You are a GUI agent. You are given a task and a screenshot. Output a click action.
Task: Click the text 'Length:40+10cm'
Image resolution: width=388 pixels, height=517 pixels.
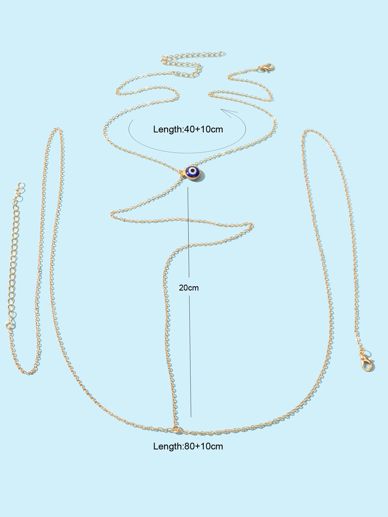188,129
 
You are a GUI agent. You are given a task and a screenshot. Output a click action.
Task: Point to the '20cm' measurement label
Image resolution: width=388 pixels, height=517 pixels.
189,288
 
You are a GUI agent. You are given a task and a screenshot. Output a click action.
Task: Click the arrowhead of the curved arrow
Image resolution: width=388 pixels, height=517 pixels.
229,112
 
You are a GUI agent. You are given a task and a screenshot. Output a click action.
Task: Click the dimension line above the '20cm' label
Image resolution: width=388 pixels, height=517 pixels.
188,232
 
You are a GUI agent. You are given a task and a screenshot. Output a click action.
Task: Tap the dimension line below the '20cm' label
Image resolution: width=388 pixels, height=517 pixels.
190,356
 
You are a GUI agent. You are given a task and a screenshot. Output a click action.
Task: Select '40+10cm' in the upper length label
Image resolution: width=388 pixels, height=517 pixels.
204,129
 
